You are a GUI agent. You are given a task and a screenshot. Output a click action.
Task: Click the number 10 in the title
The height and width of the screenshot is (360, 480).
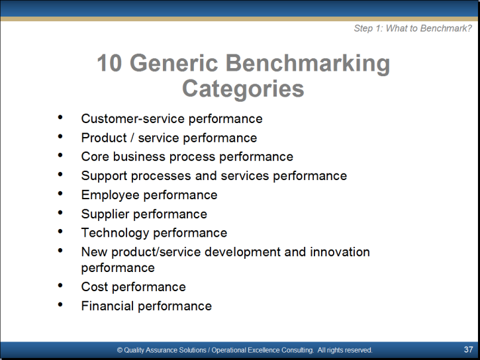pyautogui.click(x=109, y=63)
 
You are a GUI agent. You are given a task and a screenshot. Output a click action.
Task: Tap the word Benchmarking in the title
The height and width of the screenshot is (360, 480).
pyautogui.click(x=308, y=64)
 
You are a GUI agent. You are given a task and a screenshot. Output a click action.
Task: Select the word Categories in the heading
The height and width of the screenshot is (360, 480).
pyautogui.click(x=243, y=89)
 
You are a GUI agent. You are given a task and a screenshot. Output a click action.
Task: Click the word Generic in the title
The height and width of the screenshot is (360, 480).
pyautogui.click(x=174, y=63)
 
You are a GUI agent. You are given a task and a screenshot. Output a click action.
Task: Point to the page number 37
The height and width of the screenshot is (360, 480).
pyautogui.click(x=468, y=349)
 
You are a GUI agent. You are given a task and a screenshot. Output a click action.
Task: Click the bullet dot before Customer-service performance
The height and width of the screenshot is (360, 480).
pyautogui.click(x=60, y=117)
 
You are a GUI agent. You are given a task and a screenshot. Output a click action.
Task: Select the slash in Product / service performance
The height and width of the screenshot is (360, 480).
pyautogui.click(x=132, y=138)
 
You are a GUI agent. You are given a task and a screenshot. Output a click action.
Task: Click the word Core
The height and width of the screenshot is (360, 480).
pyautogui.click(x=95, y=157)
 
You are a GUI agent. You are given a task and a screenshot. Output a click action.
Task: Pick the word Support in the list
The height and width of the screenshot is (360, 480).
pyautogui.click(x=104, y=176)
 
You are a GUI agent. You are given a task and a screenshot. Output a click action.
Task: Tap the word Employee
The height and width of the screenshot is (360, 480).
pyautogui.click(x=110, y=195)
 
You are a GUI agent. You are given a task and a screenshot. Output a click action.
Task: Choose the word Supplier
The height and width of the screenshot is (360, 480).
pyautogui.click(x=105, y=214)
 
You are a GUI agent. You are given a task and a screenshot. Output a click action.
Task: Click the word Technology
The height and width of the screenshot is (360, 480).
pyautogui.click(x=115, y=234)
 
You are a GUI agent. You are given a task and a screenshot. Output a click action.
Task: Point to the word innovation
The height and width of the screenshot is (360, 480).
pyautogui.click(x=340, y=251)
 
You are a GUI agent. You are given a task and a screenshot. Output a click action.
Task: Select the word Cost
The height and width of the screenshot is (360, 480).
pyautogui.click(x=95, y=287)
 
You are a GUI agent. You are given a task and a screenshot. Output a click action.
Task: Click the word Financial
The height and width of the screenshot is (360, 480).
pyautogui.click(x=107, y=306)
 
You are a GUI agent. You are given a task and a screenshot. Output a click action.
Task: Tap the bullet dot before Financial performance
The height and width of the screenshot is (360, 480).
pyautogui.click(x=60, y=304)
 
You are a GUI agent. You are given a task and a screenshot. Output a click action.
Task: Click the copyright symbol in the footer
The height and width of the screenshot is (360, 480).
pyautogui.click(x=120, y=350)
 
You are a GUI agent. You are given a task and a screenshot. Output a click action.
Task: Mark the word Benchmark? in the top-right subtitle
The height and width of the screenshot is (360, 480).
pyautogui.click(x=446, y=28)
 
